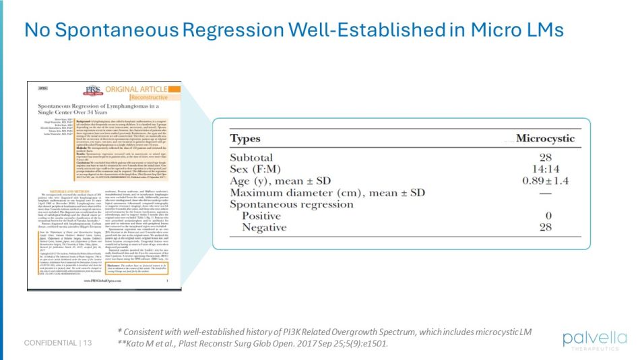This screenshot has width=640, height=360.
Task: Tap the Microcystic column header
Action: pyautogui.click(x=546, y=139)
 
